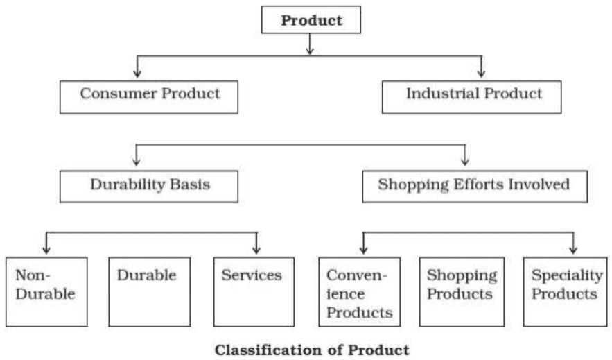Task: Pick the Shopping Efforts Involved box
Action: coord(474,185)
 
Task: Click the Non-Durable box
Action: coord(46,291)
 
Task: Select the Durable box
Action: coord(149,291)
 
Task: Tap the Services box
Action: coord(254,291)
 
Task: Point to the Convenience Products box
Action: coord(359,291)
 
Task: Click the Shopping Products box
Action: coord(462,291)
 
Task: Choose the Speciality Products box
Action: coord(564,291)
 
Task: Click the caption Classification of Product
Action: coord(312,350)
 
